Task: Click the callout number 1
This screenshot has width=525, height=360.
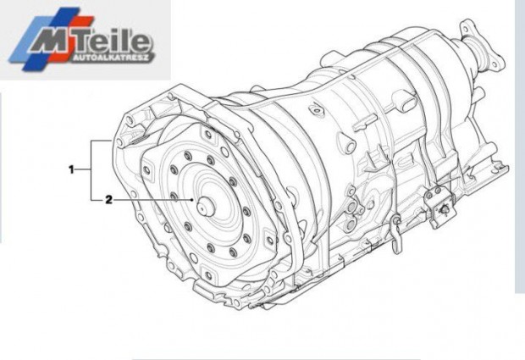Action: click(71, 169)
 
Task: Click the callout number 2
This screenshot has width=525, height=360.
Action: click(109, 200)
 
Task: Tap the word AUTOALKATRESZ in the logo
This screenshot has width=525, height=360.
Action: click(110, 58)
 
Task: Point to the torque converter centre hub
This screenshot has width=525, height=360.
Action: click(206, 206)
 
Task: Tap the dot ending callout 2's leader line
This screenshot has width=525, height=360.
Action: click(192, 200)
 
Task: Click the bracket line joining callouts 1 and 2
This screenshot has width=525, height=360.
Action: click(91, 170)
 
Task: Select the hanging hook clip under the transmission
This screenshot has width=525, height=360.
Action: click(397, 235)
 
